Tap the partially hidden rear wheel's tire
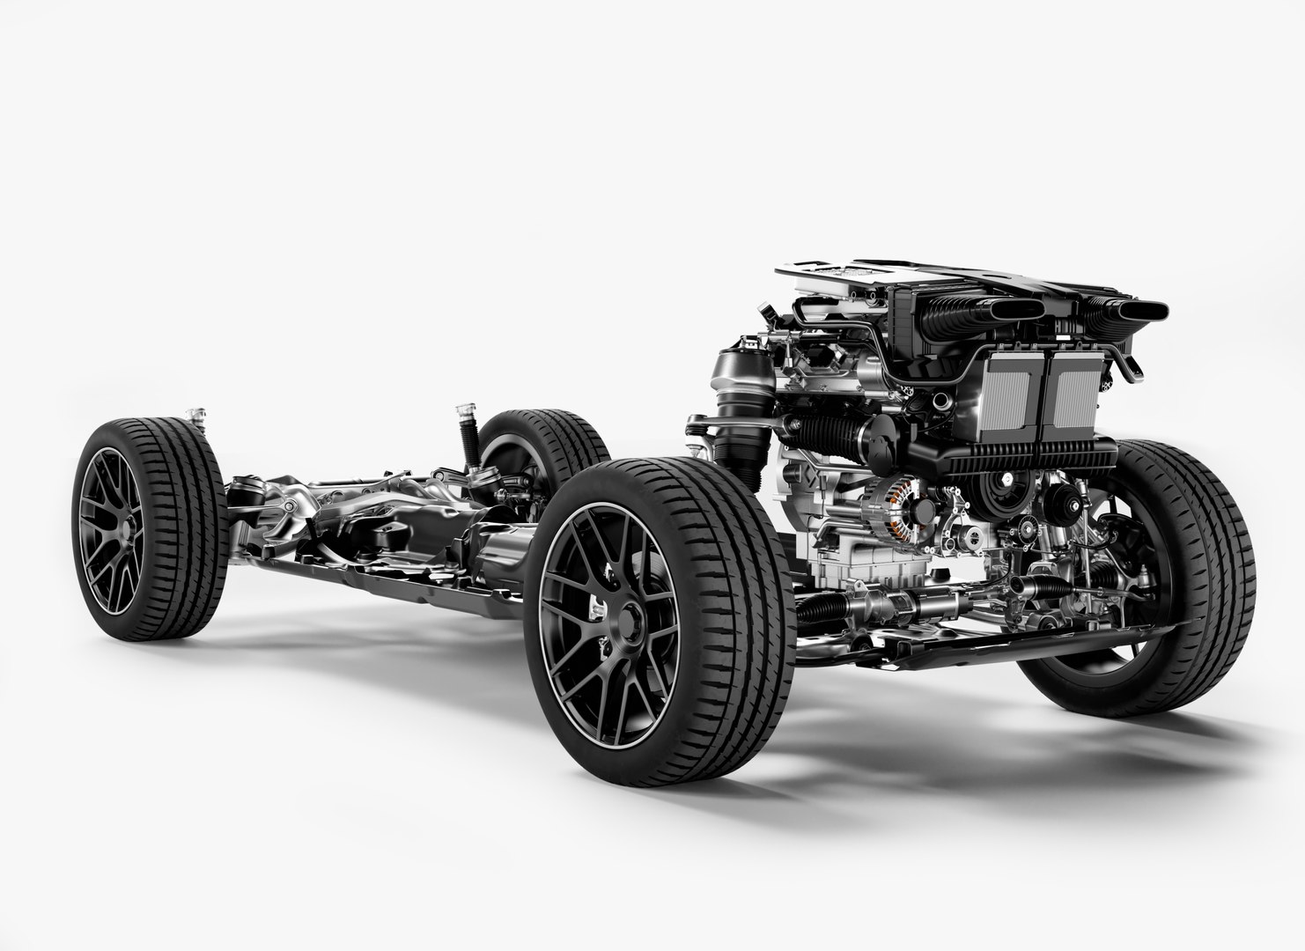pos(537,431)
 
